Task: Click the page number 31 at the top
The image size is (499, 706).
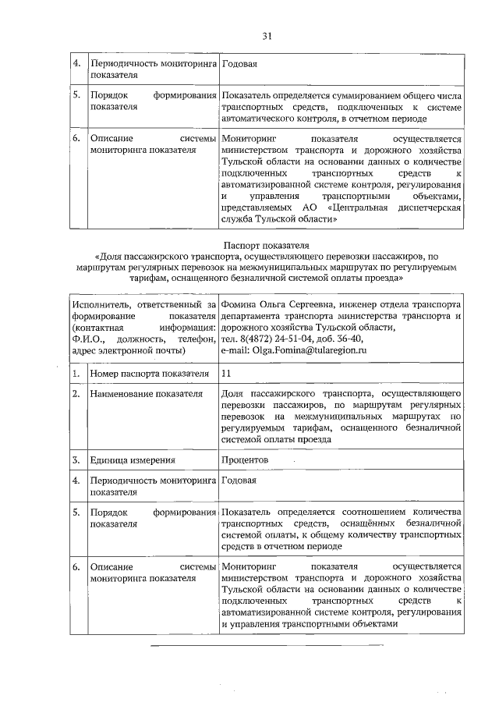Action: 267,36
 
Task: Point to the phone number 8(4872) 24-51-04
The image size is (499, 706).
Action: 279,339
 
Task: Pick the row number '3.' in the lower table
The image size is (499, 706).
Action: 77,461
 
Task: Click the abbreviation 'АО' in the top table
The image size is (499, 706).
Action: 306,208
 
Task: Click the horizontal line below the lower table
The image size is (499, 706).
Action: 267,646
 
